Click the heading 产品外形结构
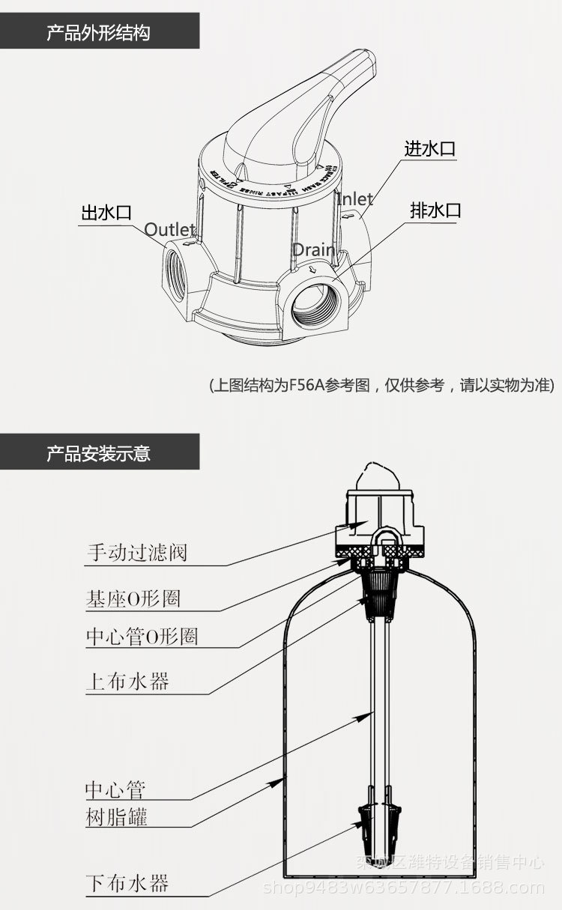coord(98,33)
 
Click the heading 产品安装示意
coord(98,453)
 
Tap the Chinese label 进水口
coord(430,148)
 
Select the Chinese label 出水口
coord(106,212)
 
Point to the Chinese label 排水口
coord(435,210)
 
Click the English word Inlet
coord(354,198)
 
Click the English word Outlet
coord(169,229)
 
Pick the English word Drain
coord(312,249)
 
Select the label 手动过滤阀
coord(136,553)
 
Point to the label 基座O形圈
coord(133,598)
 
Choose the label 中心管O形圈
coord(142,637)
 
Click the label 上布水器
coord(127,682)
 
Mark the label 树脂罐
coord(116,816)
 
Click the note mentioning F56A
coord(381,386)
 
